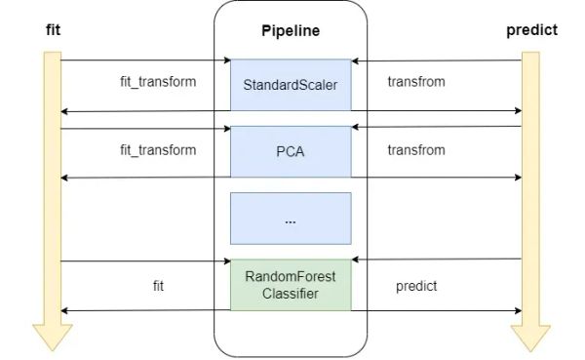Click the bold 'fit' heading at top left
point(54,30)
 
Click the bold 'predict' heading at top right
point(531,30)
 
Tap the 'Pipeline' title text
point(290,31)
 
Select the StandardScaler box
point(290,85)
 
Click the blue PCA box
point(290,151)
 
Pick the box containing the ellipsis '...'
point(290,219)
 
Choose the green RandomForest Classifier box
point(290,283)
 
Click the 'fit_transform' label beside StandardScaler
point(157,82)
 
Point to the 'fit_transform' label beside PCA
point(157,150)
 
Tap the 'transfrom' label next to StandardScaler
point(416,82)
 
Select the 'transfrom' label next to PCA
point(416,150)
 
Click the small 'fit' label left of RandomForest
point(158,286)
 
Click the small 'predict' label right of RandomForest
point(416,286)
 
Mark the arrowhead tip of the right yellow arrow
point(531,349)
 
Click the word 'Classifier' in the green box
point(290,293)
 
